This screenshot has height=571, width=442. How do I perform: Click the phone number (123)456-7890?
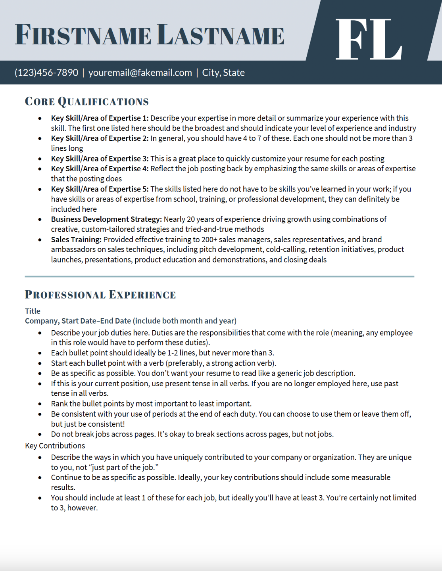(x=46, y=73)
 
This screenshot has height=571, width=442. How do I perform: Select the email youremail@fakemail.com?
(x=140, y=73)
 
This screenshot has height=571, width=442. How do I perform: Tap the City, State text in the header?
(x=223, y=73)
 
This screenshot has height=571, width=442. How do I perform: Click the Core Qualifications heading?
(x=86, y=102)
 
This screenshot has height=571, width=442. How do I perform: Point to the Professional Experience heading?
(x=100, y=295)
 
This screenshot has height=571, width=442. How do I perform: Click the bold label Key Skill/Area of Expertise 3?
(x=100, y=159)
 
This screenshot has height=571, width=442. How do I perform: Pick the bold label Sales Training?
(x=76, y=240)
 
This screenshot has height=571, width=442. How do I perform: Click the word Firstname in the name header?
(x=83, y=35)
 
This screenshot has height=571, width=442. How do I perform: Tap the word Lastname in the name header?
(x=221, y=35)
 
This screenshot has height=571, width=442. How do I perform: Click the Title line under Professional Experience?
(x=33, y=311)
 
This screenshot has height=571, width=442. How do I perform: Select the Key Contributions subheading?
(x=55, y=446)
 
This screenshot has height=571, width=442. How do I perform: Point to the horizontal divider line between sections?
(x=219, y=276)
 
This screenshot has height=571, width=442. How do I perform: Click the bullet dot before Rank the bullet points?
(x=40, y=404)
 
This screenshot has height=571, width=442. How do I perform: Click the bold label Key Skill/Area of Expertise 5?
(x=100, y=189)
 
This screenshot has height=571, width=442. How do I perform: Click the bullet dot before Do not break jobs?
(x=40, y=435)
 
